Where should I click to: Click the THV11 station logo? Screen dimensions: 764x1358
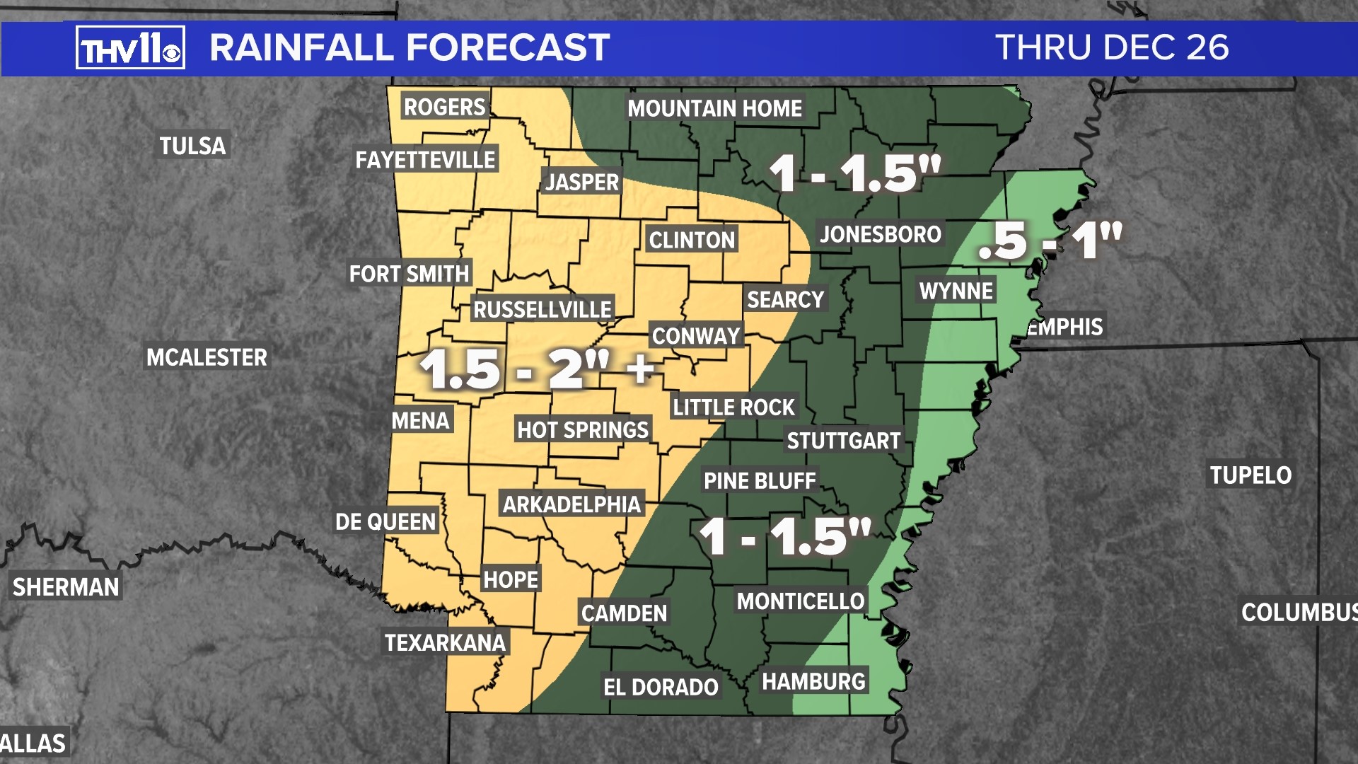(x=130, y=48)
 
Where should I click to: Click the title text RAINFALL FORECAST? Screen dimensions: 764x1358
(x=410, y=48)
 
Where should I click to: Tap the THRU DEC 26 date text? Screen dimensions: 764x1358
(x=1112, y=48)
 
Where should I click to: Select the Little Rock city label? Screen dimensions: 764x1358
(x=733, y=407)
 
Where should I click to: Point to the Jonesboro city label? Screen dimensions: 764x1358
(x=880, y=234)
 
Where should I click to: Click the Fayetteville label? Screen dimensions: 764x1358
(x=425, y=160)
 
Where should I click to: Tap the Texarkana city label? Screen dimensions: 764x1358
(x=445, y=642)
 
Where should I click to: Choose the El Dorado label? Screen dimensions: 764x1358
(x=660, y=687)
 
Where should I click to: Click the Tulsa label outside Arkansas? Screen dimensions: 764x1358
(x=192, y=146)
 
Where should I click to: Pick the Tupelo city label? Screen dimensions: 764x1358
(x=1250, y=475)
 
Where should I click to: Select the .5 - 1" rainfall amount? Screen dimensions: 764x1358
(x=1050, y=241)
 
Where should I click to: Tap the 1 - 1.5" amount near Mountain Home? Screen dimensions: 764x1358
(x=854, y=173)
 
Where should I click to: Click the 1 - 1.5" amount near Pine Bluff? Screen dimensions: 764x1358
(x=785, y=537)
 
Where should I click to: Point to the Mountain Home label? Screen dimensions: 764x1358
(x=714, y=108)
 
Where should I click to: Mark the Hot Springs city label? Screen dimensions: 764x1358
(x=582, y=429)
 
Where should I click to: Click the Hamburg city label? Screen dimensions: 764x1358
(x=813, y=681)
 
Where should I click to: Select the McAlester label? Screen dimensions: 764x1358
(x=207, y=357)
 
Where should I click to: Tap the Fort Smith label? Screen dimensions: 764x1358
(x=409, y=274)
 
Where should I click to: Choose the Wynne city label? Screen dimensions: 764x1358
(x=956, y=291)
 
